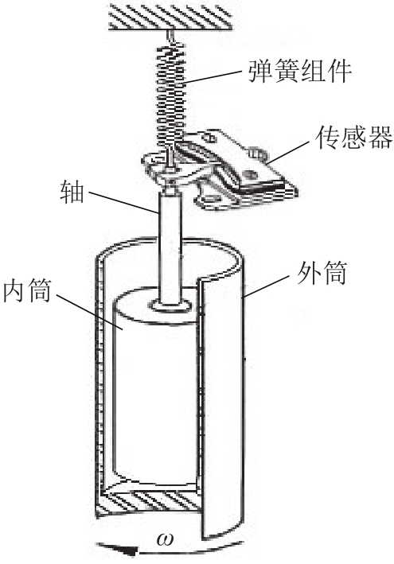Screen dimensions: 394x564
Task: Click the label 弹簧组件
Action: (300, 71)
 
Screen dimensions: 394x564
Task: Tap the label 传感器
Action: (353, 137)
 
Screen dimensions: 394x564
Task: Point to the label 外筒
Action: (322, 273)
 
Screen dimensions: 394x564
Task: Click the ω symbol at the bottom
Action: (165, 539)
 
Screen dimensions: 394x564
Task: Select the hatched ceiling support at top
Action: (170, 16)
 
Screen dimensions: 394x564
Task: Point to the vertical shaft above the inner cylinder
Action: (170, 248)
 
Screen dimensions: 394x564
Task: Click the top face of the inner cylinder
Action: (155, 305)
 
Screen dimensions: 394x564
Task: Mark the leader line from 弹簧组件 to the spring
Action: (213, 77)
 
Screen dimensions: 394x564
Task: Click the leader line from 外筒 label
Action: (266, 286)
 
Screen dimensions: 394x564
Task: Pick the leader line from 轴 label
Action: (123, 203)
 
